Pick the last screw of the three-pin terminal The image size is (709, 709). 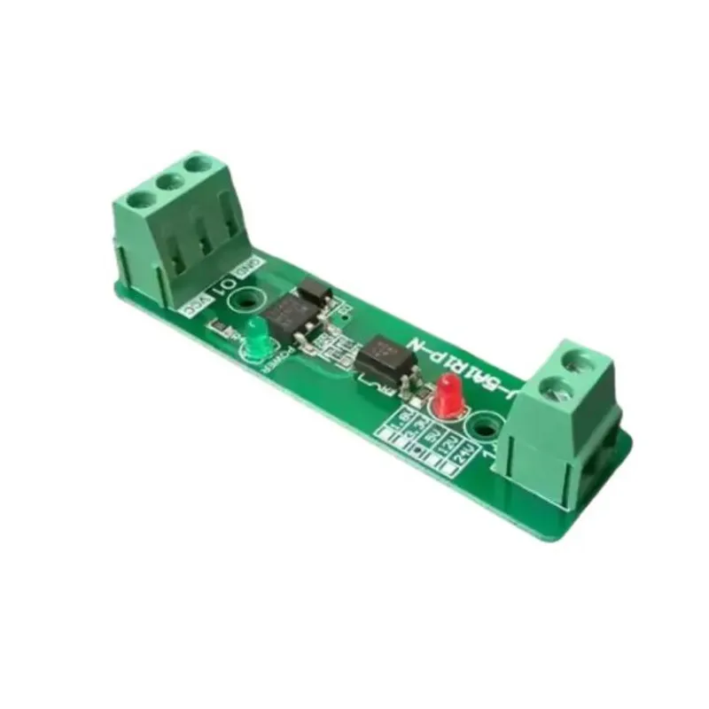point(199,165)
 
